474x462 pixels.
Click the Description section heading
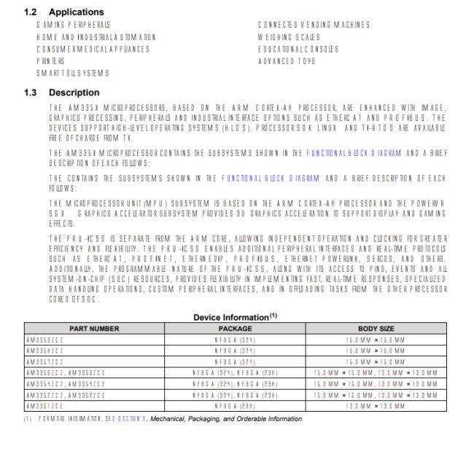coord(74,93)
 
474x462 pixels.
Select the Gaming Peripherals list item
coord(69,25)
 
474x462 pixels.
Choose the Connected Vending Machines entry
coord(314,25)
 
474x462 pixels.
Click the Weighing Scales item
coord(290,37)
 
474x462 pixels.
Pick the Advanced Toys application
coord(287,61)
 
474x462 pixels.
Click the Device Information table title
coord(235,318)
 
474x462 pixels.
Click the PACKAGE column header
coord(235,329)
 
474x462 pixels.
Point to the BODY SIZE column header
coord(376,329)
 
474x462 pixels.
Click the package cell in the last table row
coord(235,406)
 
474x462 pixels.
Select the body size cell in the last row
coord(376,406)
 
